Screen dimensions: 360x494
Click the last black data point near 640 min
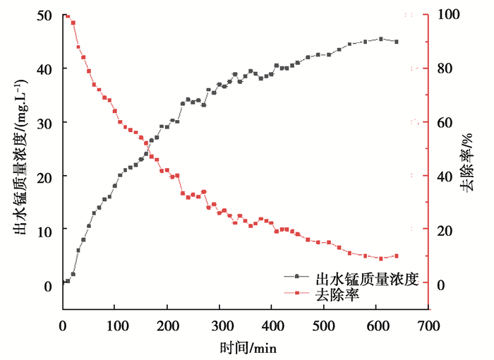[x=397, y=42]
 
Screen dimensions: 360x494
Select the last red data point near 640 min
[x=397, y=256]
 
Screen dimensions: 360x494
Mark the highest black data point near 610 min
[x=381, y=39]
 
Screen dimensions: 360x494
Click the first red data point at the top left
[x=67, y=16]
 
